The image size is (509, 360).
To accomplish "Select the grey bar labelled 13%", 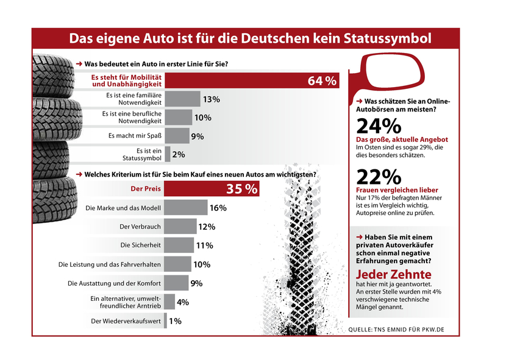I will pos(182,99).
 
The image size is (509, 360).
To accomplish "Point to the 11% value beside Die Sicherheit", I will pos(204,246).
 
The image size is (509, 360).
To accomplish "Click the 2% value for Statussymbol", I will pos(179,155).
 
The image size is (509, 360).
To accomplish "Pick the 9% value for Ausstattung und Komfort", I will pos(196,283).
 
